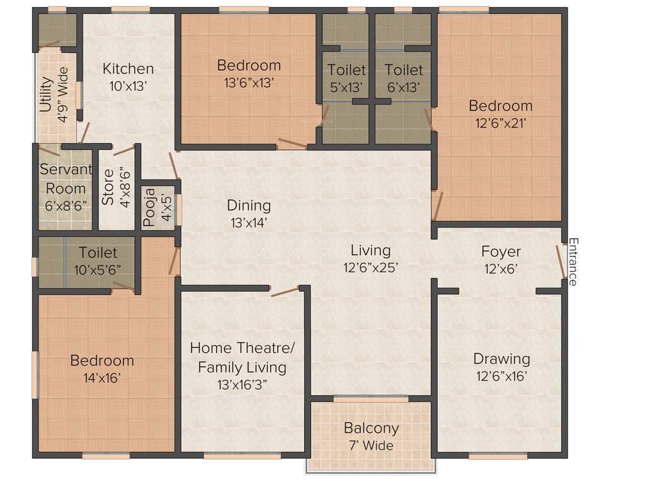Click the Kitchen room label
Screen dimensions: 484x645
[x=128, y=69]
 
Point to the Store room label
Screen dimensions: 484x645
[x=108, y=187]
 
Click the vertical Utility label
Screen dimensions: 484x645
[x=45, y=94]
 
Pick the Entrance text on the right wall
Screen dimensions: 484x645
[x=573, y=262]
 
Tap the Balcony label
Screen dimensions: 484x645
[x=371, y=428]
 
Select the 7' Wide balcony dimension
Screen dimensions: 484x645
[x=371, y=446]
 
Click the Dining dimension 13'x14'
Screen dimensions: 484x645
[x=249, y=222]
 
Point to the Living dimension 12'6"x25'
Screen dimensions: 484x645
[x=371, y=267]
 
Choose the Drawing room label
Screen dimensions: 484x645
[x=501, y=359]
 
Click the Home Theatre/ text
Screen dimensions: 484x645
[x=243, y=348]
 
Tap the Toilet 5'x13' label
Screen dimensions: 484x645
[x=346, y=88]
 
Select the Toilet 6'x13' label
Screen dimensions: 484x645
[x=404, y=88]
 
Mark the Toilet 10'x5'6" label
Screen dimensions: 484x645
[x=98, y=269]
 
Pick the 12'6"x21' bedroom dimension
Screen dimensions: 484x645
[x=500, y=124]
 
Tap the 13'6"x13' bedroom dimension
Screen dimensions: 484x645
[x=249, y=82]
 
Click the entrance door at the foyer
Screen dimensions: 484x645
[x=560, y=261]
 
